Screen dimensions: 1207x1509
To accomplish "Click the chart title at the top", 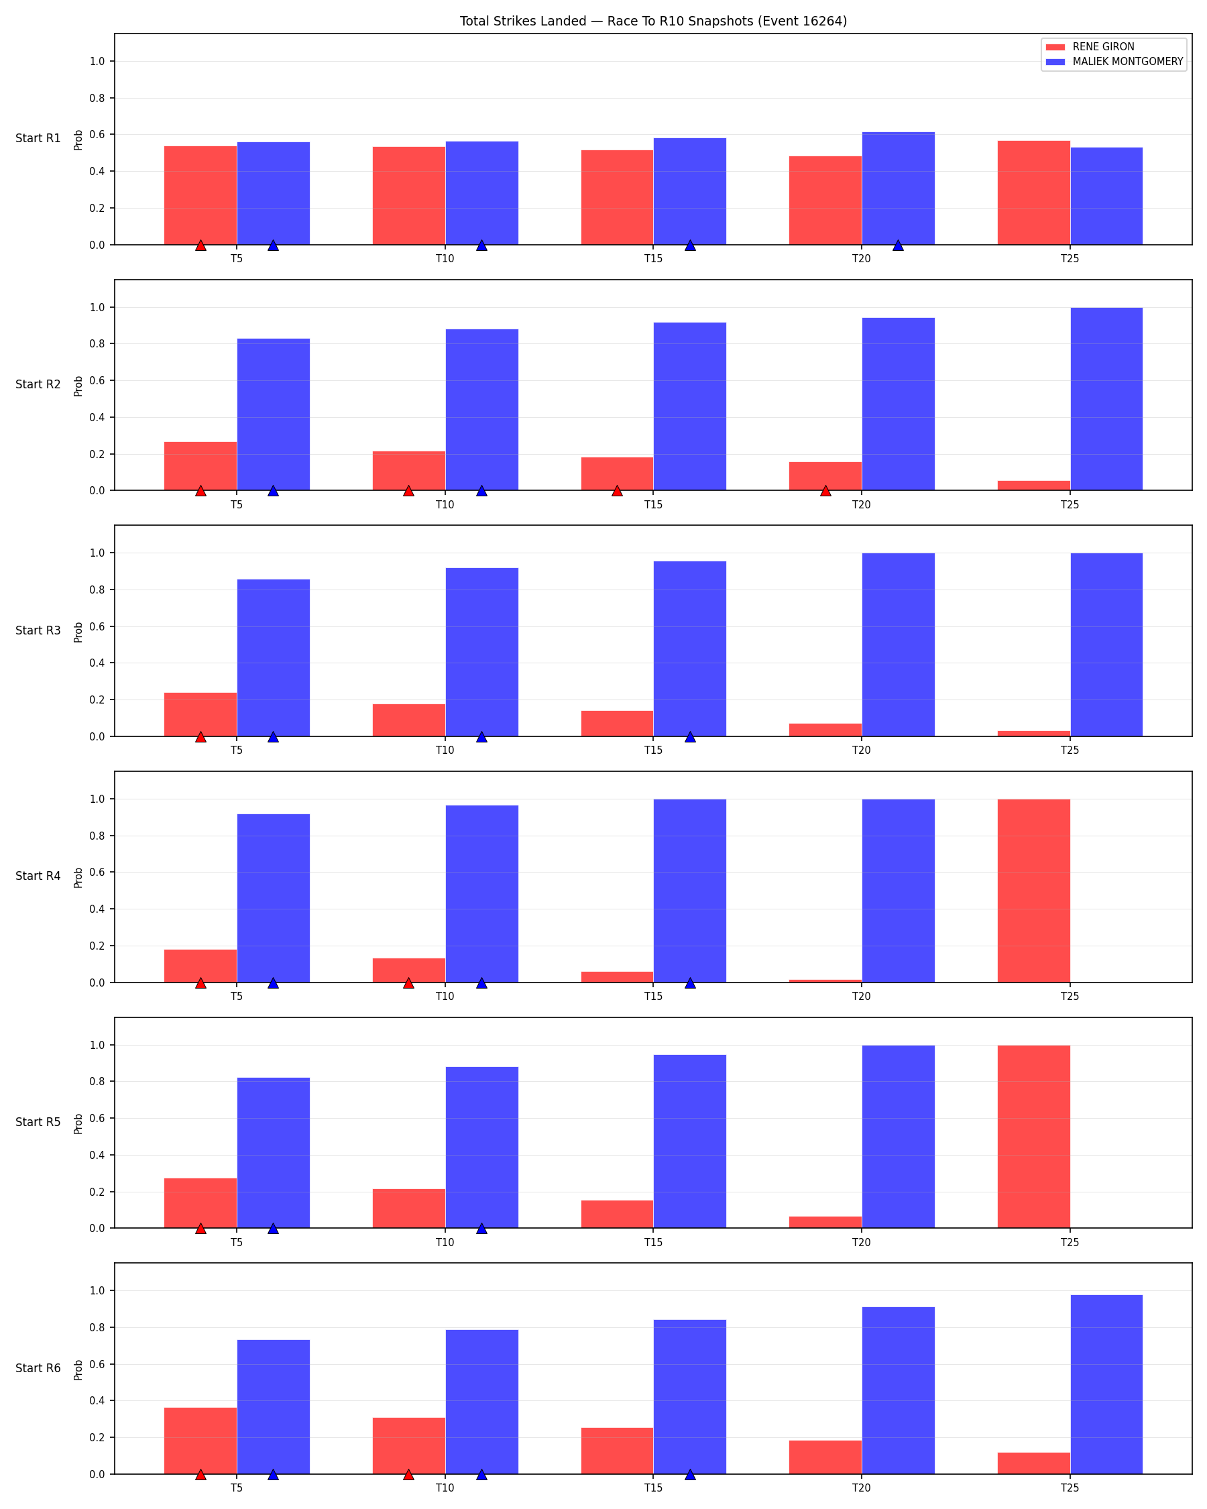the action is (x=653, y=21).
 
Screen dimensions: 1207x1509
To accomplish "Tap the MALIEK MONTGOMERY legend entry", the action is (x=1114, y=62).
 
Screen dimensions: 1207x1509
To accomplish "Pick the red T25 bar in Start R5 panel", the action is (x=1033, y=1137).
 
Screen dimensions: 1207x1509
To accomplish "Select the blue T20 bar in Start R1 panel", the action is (x=898, y=188).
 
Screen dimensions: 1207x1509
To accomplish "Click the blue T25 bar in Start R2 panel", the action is (x=1106, y=399).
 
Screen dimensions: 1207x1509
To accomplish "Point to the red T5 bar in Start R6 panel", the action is (x=200, y=1441).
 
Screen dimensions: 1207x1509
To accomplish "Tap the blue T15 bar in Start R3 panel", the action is (x=690, y=649).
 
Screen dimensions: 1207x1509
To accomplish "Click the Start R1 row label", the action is (x=38, y=139).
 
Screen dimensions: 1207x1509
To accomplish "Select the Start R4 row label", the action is (x=38, y=877).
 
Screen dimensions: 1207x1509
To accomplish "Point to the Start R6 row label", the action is (x=38, y=1368).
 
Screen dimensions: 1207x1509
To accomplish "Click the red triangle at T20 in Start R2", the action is (x=825, y=491).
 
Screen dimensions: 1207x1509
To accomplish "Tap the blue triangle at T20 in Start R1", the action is (x=898, y=245).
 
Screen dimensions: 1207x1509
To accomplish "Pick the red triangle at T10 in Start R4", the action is (x=408, y=983).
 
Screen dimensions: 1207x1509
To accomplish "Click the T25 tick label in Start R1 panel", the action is (x=1070, y=259).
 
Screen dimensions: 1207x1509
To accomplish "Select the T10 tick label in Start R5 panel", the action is (x=445, y=1242).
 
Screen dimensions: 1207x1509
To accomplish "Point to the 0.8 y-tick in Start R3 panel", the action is (x=97, y=590).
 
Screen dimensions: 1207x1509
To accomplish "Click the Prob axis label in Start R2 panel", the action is (x=78, y=386).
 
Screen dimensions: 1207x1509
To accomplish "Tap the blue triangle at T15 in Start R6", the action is (x=690, y=1475).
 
